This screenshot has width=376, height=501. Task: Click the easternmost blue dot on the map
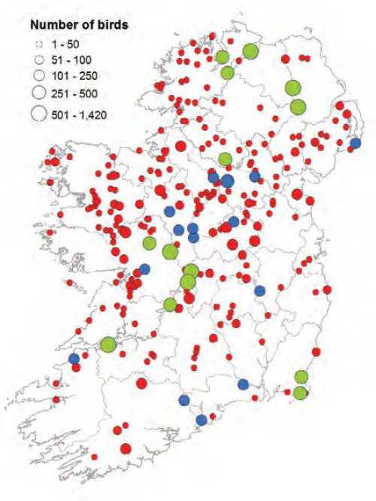point(356,143)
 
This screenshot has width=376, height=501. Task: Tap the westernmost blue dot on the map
point(74,359)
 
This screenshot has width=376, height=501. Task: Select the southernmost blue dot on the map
point(202,420)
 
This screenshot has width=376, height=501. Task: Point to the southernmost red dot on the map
point(126,449)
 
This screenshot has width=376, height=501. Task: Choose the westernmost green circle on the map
point(108,344)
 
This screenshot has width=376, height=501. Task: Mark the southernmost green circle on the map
point(301,393)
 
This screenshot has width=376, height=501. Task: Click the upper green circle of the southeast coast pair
point(302,377)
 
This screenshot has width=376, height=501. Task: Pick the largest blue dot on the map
point(227,181)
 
